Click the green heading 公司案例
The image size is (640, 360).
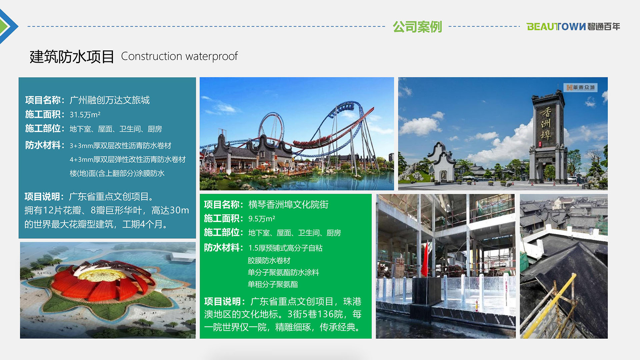tap(417, 27)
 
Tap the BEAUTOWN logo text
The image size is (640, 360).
tap(556, 27)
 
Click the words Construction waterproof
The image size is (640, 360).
tap(179, 56)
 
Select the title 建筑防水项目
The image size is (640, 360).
tap(72, 57)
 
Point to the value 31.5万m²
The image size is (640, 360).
tap(85, 115)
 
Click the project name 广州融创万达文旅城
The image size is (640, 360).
tap(110, 100)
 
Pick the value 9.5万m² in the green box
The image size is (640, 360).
tap(262, 219)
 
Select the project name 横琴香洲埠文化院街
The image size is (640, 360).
tap(288, 204)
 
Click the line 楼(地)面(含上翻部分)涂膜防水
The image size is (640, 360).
tap(117, 173)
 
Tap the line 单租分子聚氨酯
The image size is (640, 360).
tap(273, 284)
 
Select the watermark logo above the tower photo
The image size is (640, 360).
tap(580, 87)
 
